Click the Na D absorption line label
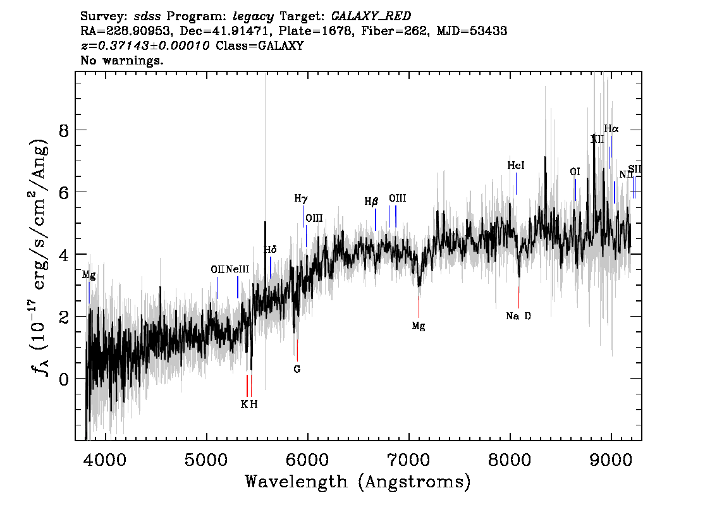[x=518, y=316]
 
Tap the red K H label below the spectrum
[x=249, y=405]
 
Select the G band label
[x=297, y=369]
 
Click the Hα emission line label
[x=611, y=129]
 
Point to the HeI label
[x=516, y=166]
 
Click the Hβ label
[x=371, y=202]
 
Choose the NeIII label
[x=238, y=269]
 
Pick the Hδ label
[x=271, y=250]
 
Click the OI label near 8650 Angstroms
[x=575, y=172]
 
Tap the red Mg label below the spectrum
[x=419, y=326]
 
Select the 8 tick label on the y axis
[x=63, y=130]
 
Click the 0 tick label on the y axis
[x=63, y=379]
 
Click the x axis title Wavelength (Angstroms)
[x=358, y=482]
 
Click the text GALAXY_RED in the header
[x=362, y=14]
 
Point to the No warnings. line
[x=122, y=61]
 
